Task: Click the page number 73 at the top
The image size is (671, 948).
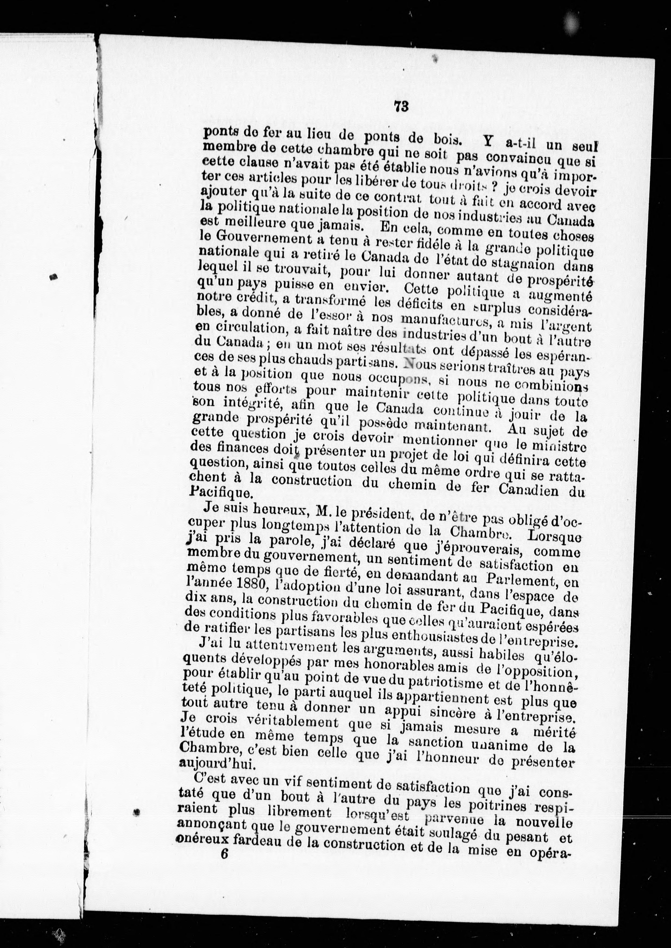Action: coord(401,107)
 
